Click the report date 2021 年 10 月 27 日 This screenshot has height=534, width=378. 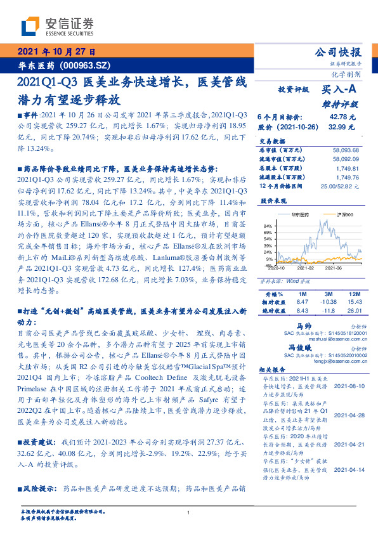pyautogui.click(x=55, y=52)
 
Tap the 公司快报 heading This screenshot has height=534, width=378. pyautogui.click(x=339, y=53)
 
